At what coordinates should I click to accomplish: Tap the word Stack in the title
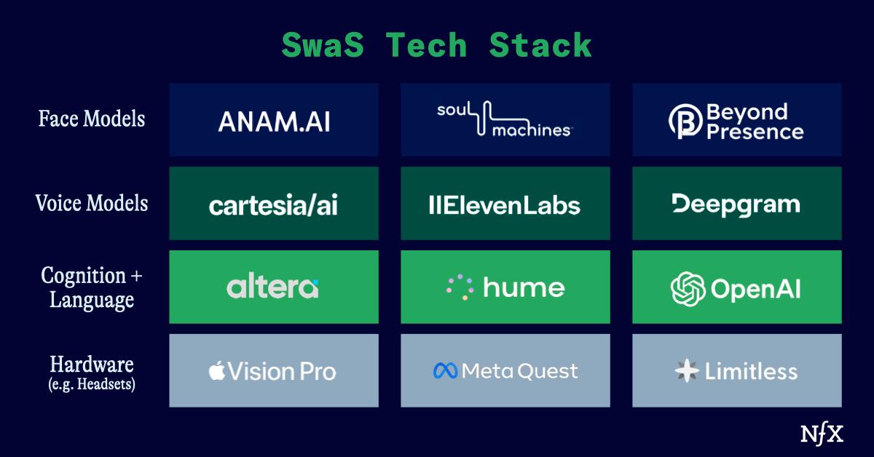click(540, 46)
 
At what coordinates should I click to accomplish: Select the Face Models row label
click(92, 118)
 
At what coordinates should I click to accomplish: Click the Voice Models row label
click(92, 203)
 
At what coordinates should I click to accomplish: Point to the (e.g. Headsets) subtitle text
click(92, 384)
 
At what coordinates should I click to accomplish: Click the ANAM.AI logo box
click(274, 120)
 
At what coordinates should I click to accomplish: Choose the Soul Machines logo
click(505, 119)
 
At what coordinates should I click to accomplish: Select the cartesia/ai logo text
click(274, 205)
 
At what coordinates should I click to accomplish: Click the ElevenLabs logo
click(505, 205)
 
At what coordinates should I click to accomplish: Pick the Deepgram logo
click(736, 204)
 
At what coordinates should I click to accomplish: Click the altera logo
click(272, 287)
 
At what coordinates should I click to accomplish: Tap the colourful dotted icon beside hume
click(460, 287)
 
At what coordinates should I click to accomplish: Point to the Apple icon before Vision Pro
click(216, 371)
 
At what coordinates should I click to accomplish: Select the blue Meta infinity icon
click(445, 371)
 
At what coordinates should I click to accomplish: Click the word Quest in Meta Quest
click(548, 372)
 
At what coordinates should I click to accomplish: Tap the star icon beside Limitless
click(686, 372)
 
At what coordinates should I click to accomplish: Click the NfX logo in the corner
click(822, 434)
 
